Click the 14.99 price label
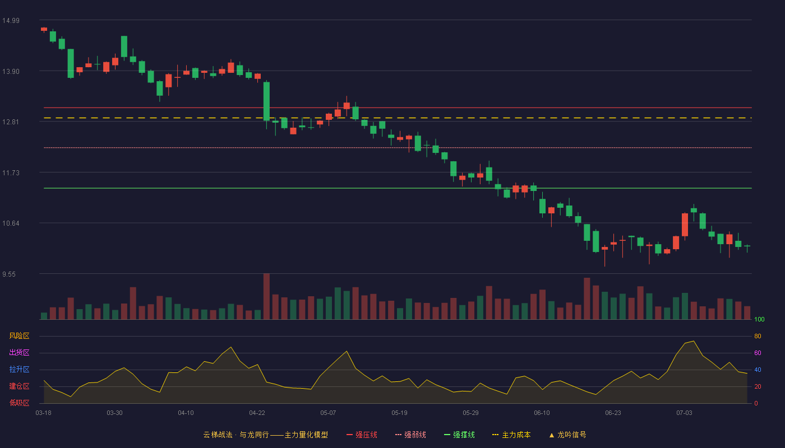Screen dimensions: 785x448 11,21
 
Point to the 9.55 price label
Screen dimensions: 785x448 9,274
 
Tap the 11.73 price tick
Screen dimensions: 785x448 11,173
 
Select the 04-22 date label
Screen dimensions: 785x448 257,413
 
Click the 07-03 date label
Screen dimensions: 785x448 684,413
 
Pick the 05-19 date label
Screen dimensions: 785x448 399,413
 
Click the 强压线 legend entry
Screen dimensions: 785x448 362,435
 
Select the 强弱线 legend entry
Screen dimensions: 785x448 410,435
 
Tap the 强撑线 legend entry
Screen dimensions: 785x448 459,435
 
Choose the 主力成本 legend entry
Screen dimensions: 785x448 511,435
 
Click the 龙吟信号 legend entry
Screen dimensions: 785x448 567,435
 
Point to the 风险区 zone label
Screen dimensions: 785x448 19,336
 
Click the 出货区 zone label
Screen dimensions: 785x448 19,352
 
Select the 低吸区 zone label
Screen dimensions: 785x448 19,403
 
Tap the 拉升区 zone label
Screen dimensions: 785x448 19,369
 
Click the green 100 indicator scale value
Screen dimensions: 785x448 759,319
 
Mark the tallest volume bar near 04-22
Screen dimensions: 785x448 266,296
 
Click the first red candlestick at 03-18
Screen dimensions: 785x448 44,29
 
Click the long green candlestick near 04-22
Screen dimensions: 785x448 266,101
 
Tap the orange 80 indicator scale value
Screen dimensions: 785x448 758,336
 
